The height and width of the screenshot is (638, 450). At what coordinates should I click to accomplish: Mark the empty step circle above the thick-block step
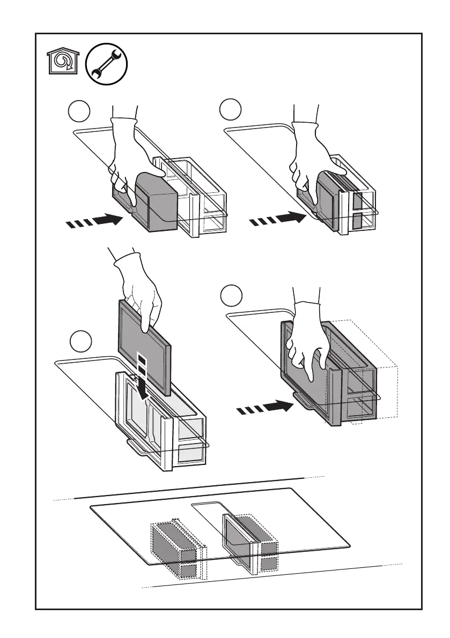pos(80,111)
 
